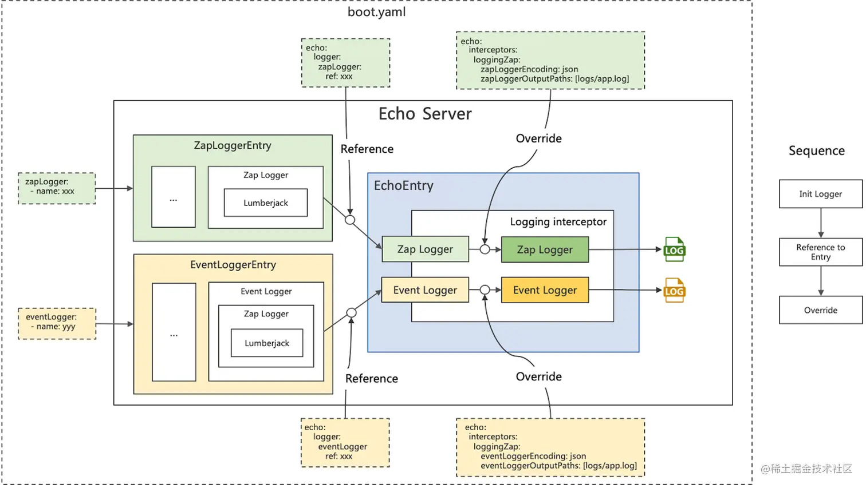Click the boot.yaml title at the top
click(376, 12)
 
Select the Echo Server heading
click(424, 114)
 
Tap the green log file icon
click(674, 249)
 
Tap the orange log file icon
click(674, 291)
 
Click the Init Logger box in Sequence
click(820, 194)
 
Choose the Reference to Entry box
click(820, 252)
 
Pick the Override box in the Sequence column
click(820, 310)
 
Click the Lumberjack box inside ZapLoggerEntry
click(266, 203)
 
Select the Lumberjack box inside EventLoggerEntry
click(267, 343)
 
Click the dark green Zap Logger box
click(545, 249)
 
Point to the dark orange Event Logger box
click(545, 290)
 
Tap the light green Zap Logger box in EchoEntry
click(425, 249)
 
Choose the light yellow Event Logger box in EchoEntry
click(425, 290)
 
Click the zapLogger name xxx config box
click(57, 188)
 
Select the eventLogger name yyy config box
click(57, 323)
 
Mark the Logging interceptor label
click(558, 221)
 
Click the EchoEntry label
click(403, 185)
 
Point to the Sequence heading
click(816, 150)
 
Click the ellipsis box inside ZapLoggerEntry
click(174, 197)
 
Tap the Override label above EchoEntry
click(538, 138)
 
